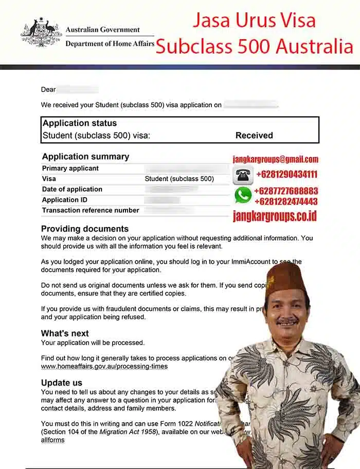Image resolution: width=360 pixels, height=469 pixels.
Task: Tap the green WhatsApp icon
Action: [243, 195]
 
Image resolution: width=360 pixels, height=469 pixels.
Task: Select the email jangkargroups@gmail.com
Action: [276, 159]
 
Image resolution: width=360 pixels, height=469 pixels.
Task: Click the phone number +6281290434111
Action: [286, 175]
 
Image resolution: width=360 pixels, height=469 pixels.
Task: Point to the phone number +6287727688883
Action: [286, 191]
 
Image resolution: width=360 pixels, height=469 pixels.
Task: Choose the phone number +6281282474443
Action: [286, 201]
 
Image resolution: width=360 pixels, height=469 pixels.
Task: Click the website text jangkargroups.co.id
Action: [275, 216]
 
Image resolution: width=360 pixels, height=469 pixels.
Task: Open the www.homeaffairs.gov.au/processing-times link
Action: [104, 367]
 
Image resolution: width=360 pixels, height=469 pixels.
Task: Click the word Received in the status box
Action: [254, 135]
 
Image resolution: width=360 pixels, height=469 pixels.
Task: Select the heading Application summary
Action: [85, 157]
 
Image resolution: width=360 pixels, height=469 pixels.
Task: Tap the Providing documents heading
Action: [85, 229]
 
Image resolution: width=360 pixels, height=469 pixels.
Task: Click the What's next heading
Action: [65, 333]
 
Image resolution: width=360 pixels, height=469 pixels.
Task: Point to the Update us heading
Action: [62, 383]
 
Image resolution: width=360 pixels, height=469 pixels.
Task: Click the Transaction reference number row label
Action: [91, 210]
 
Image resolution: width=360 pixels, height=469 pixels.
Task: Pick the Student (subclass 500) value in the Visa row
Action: [179, 179]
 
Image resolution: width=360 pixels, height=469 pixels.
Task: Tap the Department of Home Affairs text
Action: [110, 44]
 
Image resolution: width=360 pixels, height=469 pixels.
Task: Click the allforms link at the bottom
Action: [52, 440]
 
